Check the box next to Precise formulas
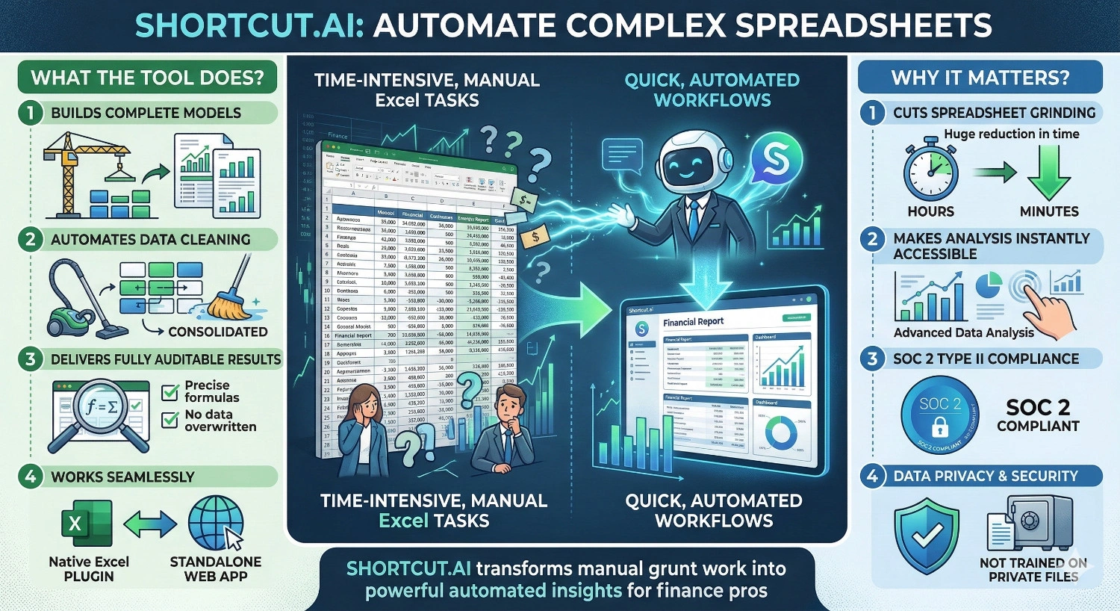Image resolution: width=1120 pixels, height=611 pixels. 170,391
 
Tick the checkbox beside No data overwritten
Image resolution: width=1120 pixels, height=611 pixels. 170,419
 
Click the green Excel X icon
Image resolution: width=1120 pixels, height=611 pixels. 86,524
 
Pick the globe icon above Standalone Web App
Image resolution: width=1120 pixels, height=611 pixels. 216,523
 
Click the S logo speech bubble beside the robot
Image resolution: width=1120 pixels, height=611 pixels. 775,160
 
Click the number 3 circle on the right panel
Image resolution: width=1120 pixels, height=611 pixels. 872,359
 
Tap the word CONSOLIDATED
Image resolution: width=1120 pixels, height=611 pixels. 217,332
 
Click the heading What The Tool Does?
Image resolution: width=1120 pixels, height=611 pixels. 147,78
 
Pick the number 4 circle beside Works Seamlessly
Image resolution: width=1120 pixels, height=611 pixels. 30,477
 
